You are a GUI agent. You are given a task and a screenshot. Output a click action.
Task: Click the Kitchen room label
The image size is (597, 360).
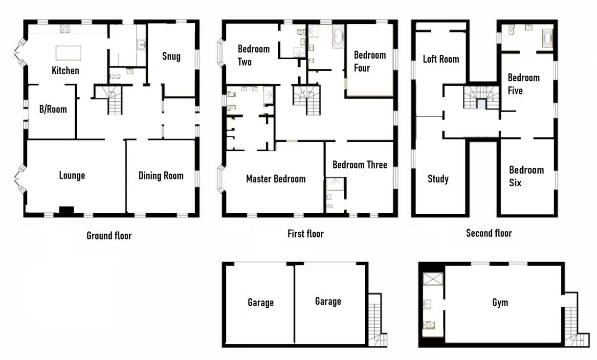click(x=65, y=70)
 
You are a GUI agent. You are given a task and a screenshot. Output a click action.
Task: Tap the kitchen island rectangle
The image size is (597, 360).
click(x=68, y=52)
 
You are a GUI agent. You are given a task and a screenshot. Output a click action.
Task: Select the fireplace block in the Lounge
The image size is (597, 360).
click(x=66, y=210)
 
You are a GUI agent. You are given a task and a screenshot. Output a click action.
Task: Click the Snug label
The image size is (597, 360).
click(x=171, y=56)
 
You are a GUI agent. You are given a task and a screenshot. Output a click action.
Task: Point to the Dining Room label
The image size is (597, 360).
click(x=161, y=176)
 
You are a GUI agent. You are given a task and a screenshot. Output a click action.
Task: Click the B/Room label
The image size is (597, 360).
click(x=53, y=109)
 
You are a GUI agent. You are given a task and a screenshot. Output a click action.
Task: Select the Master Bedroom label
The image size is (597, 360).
click(x=275, y=179)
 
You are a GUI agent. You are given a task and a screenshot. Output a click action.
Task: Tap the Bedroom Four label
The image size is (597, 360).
click(x=369, y=61)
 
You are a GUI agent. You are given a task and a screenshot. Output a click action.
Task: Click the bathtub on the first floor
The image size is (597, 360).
click(x=338, y=37)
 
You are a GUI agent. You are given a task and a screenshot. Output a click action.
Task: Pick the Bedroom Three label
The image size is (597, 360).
click(x=359, y=165)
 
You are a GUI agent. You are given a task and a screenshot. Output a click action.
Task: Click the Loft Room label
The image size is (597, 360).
click(x=441, y=59)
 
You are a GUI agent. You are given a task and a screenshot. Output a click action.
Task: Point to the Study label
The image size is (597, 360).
click(x=438, y=179)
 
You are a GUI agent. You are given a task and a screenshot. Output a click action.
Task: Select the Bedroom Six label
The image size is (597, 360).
click(x=526, y=176)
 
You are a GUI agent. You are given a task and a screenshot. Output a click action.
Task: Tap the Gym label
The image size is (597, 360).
click(x=500, y=303)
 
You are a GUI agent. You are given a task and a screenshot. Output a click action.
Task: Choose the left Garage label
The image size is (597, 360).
click(x=260, y=303)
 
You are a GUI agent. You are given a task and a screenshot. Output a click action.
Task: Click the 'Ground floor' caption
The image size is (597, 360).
click(x=109, y=236)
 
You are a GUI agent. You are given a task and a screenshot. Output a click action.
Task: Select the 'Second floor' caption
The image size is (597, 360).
click(x=488, y=233)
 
